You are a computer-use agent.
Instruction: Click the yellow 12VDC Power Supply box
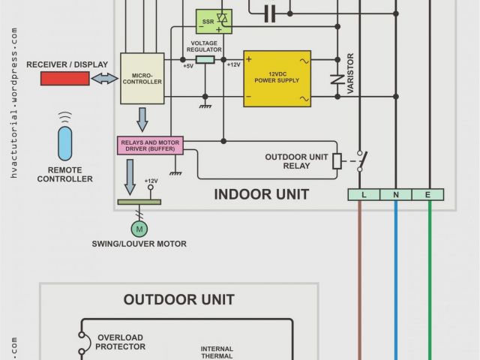point(277,78)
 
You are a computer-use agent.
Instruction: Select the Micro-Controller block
point(142,78)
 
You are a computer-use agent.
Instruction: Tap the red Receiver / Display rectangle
point(64,78)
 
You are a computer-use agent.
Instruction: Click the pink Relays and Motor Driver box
point(150,145)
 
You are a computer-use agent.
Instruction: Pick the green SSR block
point(213,21)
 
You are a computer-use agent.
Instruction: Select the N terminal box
point(396,195)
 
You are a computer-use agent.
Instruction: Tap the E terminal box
point(428,195)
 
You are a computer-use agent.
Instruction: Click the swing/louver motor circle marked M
point(139,228)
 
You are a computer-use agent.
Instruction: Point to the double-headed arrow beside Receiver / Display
point(105,78)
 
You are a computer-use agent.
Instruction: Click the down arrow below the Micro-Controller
point(142,118)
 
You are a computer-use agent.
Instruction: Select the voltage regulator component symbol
point(205,58)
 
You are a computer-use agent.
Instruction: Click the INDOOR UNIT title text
point(261,194)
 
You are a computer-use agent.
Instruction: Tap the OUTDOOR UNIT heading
point(178,300)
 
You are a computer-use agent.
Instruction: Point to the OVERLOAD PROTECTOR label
point(120,342)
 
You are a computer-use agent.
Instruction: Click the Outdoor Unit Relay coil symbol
point(337,160)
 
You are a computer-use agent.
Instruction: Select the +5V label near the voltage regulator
point(187,66)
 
